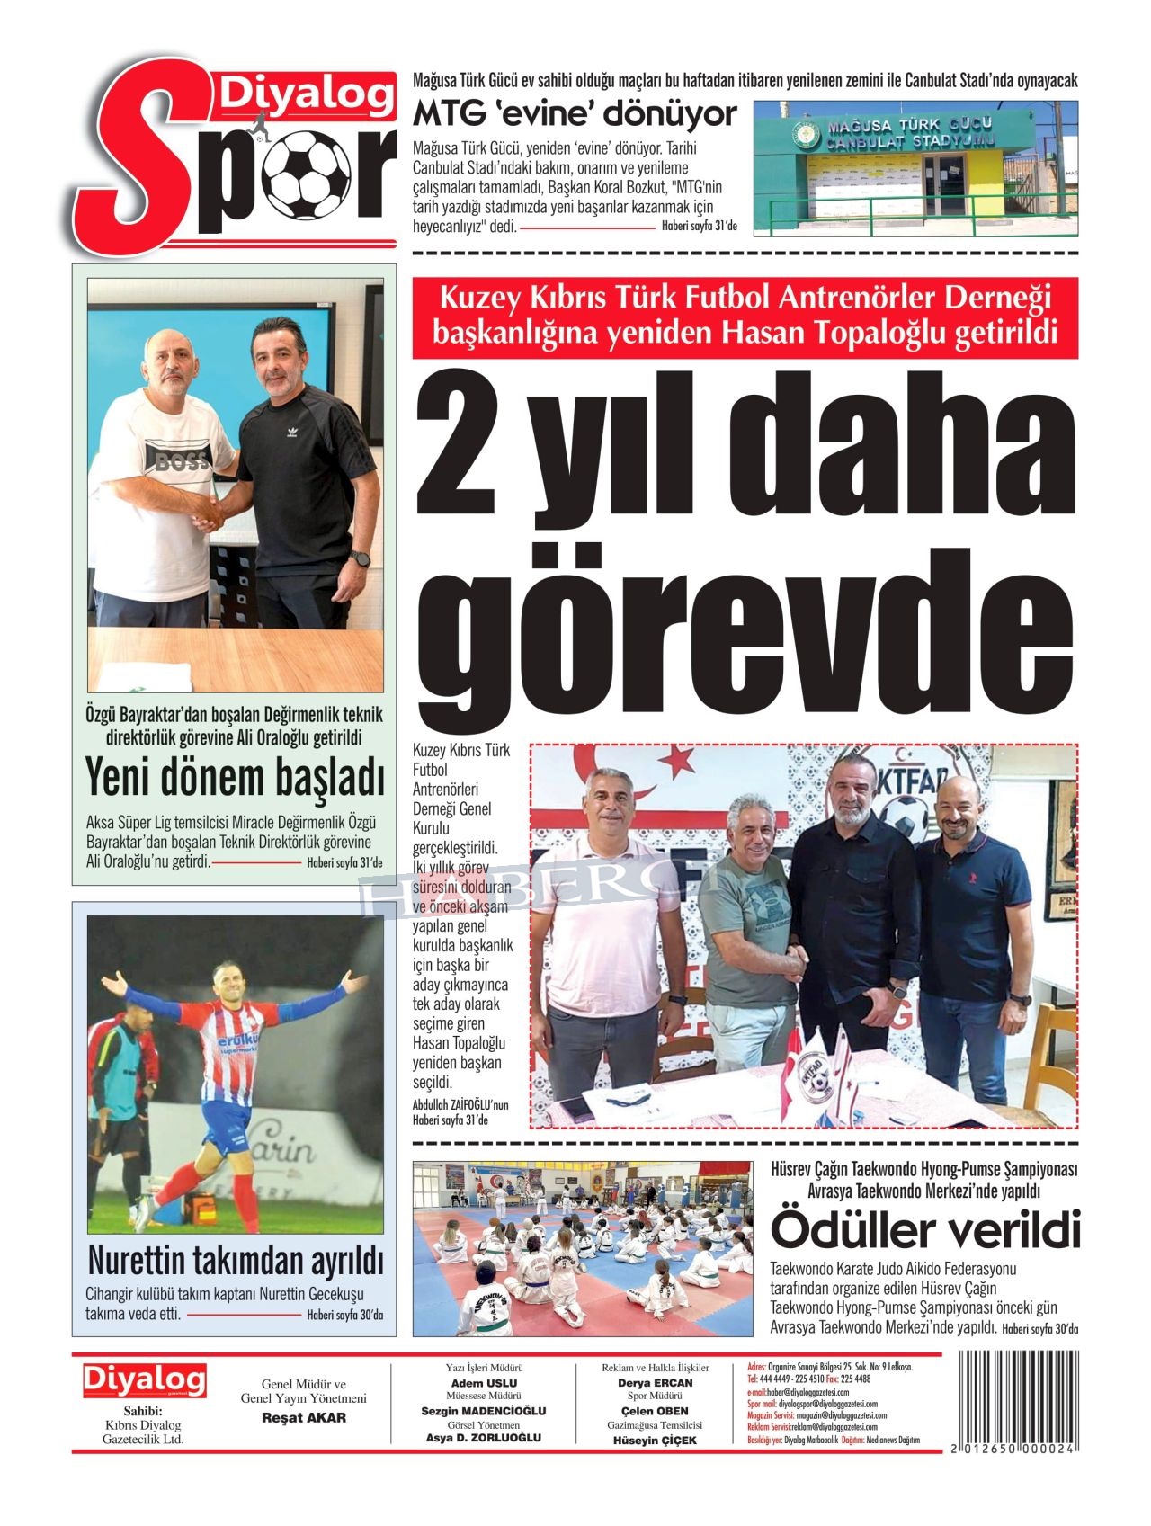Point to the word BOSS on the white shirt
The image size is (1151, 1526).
[183, 461]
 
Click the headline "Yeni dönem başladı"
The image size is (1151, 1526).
[234, 779]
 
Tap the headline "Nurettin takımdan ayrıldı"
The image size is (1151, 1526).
[235, 1261]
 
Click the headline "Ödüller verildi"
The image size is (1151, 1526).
[924, 1231]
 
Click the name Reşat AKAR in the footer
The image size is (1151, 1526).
[303, 1418]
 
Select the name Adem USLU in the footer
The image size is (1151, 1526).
[484, 1383]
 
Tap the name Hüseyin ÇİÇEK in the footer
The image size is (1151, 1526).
[655, 1440]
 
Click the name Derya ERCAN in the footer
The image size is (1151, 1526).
[655, 1383]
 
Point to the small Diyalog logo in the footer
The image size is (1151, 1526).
[144, 1380]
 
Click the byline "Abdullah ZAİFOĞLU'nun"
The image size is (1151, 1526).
[460, 1105]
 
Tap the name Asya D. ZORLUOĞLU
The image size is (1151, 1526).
[484, 1438]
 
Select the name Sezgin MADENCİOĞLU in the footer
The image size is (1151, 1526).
[484, 1411]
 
